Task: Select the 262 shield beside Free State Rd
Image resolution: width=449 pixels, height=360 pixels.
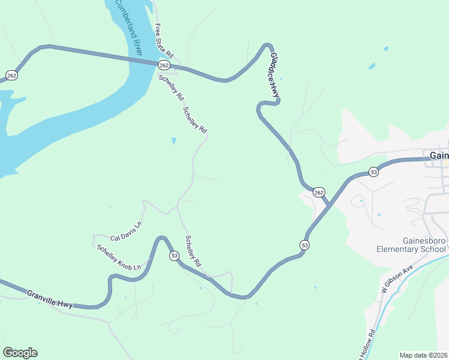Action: click(164, 65)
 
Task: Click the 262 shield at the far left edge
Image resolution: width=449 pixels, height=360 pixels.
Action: click(11, 75)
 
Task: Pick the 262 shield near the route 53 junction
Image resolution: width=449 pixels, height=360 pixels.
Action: click(319, 192)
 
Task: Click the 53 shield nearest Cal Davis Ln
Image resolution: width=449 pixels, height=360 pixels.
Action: click(174, 256)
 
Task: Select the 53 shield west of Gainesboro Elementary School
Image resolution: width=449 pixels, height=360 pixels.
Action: click(305, 245)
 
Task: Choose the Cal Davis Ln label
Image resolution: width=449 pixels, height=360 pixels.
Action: click(125, 232)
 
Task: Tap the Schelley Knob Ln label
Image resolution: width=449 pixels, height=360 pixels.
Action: click(122, 257)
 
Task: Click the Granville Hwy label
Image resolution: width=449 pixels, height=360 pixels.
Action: click(49, 298)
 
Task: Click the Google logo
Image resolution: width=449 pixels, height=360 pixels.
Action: click(20, 353)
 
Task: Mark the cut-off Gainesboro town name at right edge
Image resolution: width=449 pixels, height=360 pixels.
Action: click(439, 155)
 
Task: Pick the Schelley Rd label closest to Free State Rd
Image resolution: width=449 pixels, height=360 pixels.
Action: click(171, 88)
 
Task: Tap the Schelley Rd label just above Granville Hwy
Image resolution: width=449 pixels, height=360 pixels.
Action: click(193, 251)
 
